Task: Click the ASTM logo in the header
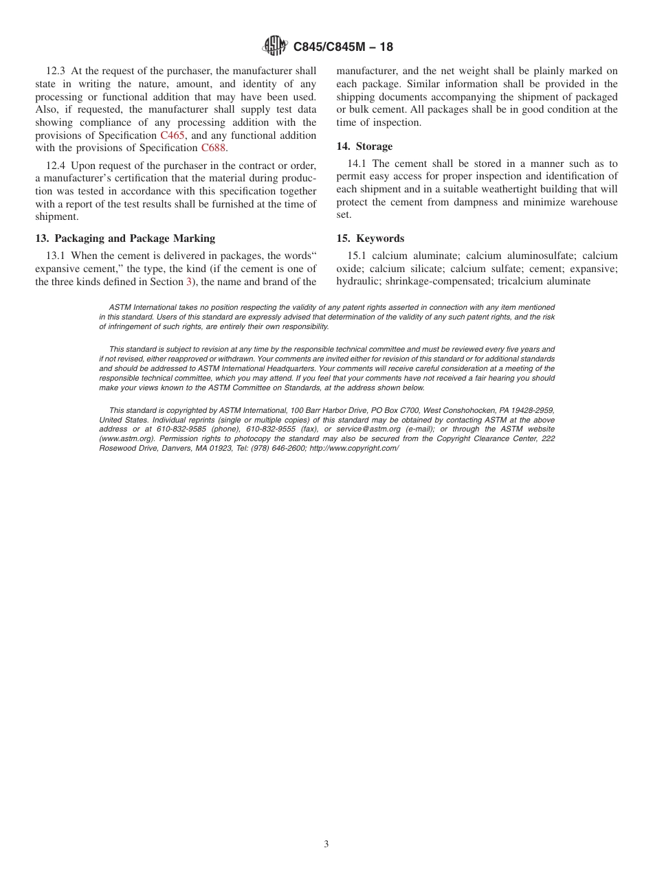(x=275, y=47)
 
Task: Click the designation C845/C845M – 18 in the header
(x=343, y=47)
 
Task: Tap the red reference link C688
(x=213, y=148)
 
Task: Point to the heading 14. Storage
(x=364, y=146)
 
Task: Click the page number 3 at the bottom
(x=326, y=844)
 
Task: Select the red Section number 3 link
(x=189, y=281)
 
